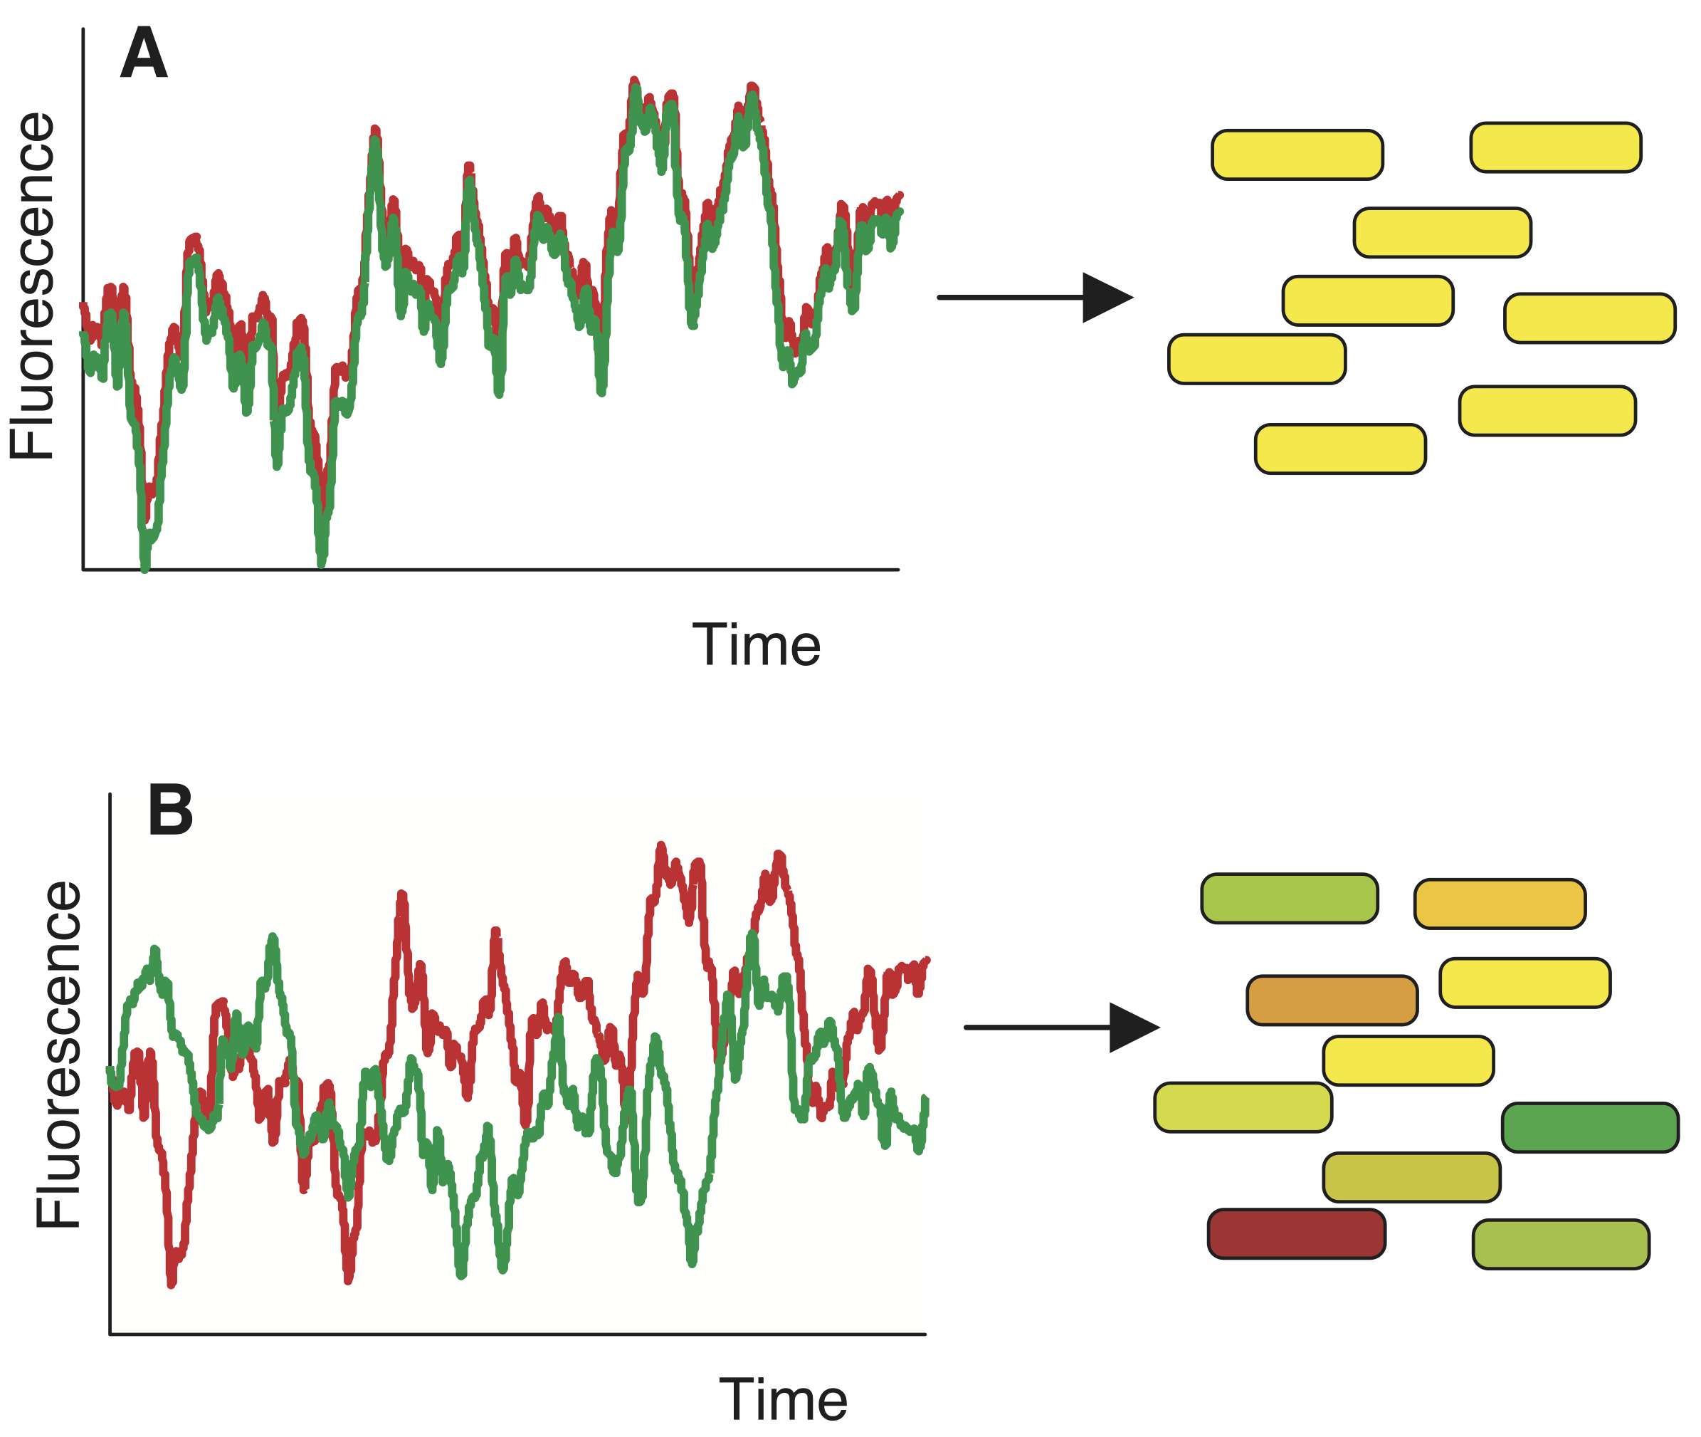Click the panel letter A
coord(144,54)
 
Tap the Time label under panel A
coord(756,645)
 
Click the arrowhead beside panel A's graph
coord(1106,298)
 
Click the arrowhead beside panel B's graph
coord(1132,1028)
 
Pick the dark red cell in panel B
coord(1296,1234)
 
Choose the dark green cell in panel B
coord(1589,1127)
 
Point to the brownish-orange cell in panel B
coord(1332,1000)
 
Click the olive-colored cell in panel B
coord(1411,1177)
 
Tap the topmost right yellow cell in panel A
coord(1555,147)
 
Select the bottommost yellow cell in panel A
coord(1340,449)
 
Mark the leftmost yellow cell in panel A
coord(1256,359)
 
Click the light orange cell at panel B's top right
coord(1500,904)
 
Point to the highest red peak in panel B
coord(660,847)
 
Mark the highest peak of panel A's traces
coord(633,81)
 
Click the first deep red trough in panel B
coord(171,1283)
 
